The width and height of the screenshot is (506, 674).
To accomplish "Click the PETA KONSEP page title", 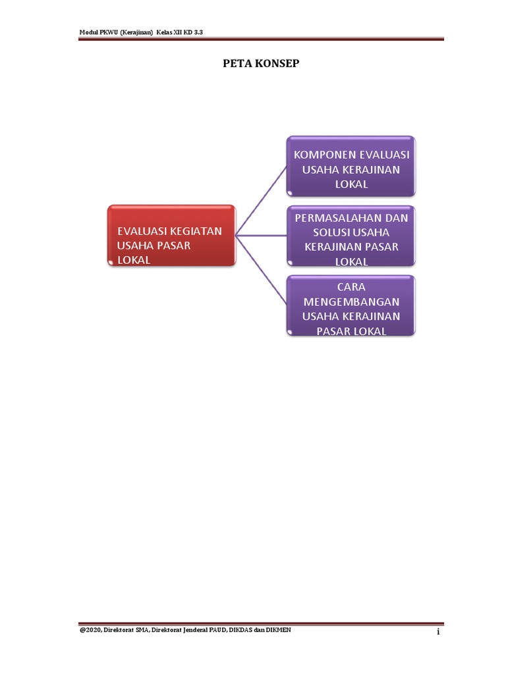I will pos(252,65).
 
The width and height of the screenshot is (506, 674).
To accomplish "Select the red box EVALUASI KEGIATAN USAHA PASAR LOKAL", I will pos(171,236).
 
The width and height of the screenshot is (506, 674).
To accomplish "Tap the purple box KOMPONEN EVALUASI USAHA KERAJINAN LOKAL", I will pos(351,166).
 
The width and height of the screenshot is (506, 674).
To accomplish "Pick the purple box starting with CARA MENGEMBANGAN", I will pos(351,306).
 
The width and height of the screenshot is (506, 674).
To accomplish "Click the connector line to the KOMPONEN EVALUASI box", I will pos(262,199).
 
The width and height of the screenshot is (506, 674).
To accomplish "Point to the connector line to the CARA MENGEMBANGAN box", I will pos(262,270).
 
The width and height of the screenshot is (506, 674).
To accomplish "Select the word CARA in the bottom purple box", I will pos(351,288).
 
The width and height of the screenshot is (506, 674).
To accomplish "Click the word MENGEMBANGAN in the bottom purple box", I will pos(351,302).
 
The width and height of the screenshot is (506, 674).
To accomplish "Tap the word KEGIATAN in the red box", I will pos(195,231).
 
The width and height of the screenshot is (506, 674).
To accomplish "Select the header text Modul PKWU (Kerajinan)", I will pos(116,32).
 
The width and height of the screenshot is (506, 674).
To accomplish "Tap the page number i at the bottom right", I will pos(437,633).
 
